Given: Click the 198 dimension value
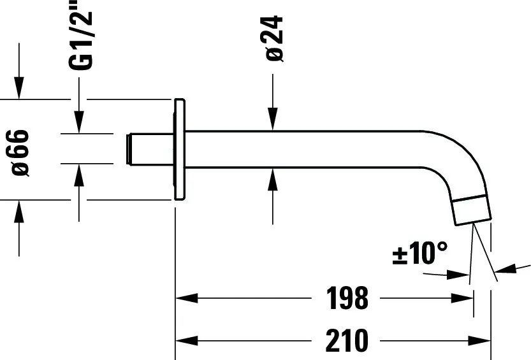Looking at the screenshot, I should (x=348, y=298).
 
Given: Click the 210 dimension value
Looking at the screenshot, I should (x=348, y=341).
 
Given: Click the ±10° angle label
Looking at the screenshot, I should (x=420, y=254).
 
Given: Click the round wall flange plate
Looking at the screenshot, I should (x=179, y=150).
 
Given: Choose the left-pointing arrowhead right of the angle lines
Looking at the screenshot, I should (x=507, y=270).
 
